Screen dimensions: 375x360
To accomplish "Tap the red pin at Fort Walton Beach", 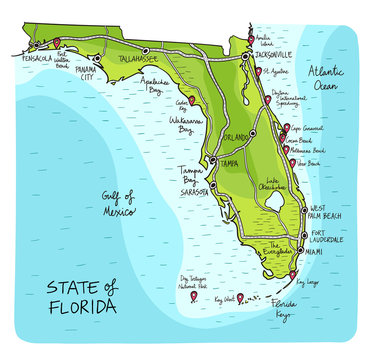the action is coord(57,42).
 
